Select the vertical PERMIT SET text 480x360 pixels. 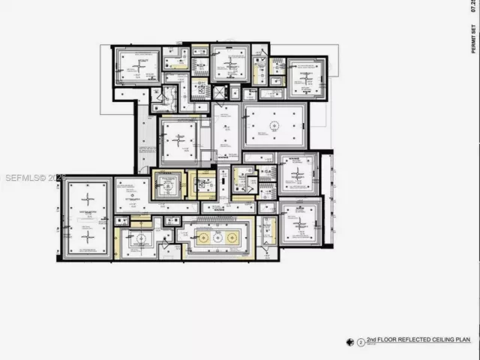pyautogui.click(x=473, y=37)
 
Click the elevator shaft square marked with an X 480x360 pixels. pyautogui.click(x=218, y=92)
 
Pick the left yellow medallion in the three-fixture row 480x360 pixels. pyautogui.click(x=202, y=237)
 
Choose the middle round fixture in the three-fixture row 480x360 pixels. pyautogui.click(x=218, y=237)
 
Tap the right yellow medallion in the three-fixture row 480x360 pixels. pyautogui.click(x=233, y=237)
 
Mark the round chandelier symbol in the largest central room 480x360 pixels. pyautogui.click(x=275, y=122)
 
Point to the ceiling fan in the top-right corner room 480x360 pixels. pyautogui.click(x=307, y=76)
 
